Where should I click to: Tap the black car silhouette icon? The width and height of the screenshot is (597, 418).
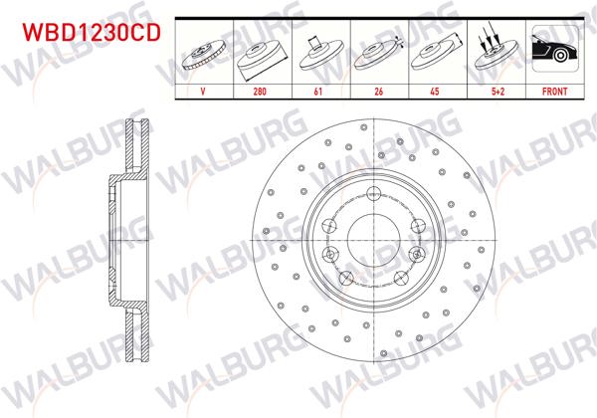(x=553, y=50)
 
